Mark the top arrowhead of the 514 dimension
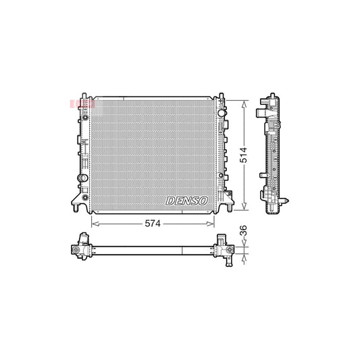(x=242, y=102)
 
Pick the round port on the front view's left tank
(x=81, y=178)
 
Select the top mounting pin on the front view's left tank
(x=84, y=94)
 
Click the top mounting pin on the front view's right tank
(x=217, y=94)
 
